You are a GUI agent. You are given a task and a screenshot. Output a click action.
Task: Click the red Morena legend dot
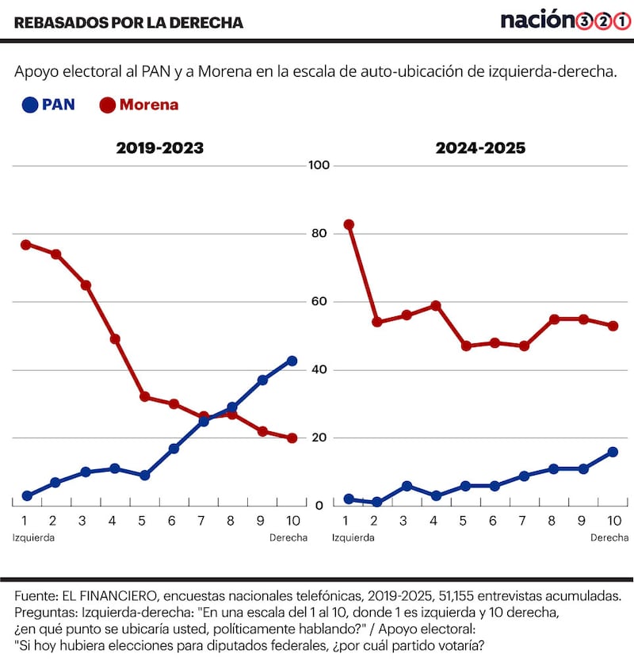coord(107,105)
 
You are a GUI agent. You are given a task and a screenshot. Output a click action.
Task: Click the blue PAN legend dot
coord(30,105)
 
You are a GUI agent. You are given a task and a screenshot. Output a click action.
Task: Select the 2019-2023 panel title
coord(160,148)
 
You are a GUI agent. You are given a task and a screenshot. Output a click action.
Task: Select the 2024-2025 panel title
coord(480,148)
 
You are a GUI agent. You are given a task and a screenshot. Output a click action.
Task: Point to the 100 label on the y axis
coord(320,166)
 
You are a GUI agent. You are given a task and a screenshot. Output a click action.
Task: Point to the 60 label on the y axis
coord(320,302)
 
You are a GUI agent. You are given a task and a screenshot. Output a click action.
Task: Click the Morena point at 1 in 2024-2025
coord(349,224)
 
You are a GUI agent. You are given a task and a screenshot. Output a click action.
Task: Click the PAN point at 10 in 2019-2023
coord(292,361)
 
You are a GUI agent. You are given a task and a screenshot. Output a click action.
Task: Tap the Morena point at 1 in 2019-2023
coord(26,244)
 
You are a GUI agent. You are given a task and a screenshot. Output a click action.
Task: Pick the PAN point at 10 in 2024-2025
coord(613,452)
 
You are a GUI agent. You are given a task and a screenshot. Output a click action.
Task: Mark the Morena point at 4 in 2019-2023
coord(115,338)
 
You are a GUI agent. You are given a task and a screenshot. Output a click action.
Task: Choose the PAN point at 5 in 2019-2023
coord(144,476)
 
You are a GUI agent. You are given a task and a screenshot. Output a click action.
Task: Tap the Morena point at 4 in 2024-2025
coord(436,305)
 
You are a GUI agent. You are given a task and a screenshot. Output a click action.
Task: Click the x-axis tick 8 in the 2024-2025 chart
coord(554,521)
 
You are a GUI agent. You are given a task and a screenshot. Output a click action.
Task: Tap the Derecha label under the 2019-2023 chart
coord(288,537)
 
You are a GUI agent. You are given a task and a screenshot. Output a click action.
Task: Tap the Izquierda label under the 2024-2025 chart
coord(353,537)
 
